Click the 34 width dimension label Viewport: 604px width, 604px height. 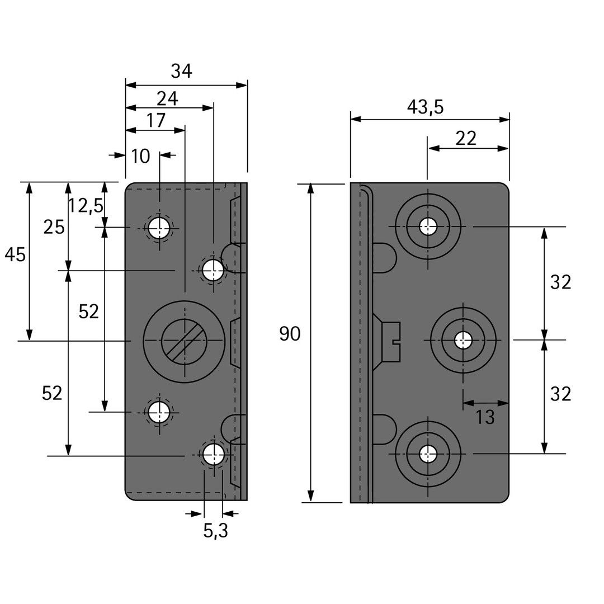click(181, 72)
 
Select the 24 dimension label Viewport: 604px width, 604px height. click(167, 99)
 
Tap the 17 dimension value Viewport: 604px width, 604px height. click(156, 121)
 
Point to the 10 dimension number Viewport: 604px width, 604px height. click(140, 157)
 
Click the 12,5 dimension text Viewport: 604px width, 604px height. click(86, 206)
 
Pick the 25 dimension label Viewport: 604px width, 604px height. click(54, 228)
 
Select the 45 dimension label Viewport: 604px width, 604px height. click(15, 255)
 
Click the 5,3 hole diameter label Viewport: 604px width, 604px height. click(215, 531)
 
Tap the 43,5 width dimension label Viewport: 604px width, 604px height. click(425, 107)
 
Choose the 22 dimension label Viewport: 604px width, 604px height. click(465, 139)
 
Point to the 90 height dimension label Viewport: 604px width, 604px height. click(290, 334)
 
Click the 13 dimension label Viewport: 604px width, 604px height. click(485, 417)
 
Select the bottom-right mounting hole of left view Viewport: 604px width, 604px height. click(213, 455)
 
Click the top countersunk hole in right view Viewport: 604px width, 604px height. click(428, 226)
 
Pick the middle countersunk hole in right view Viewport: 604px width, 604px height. click(463, 340)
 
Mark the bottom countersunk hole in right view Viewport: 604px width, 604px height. click(428, 454)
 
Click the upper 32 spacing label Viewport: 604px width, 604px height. click(560, 283)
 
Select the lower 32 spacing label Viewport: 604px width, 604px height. click(560, 395)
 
